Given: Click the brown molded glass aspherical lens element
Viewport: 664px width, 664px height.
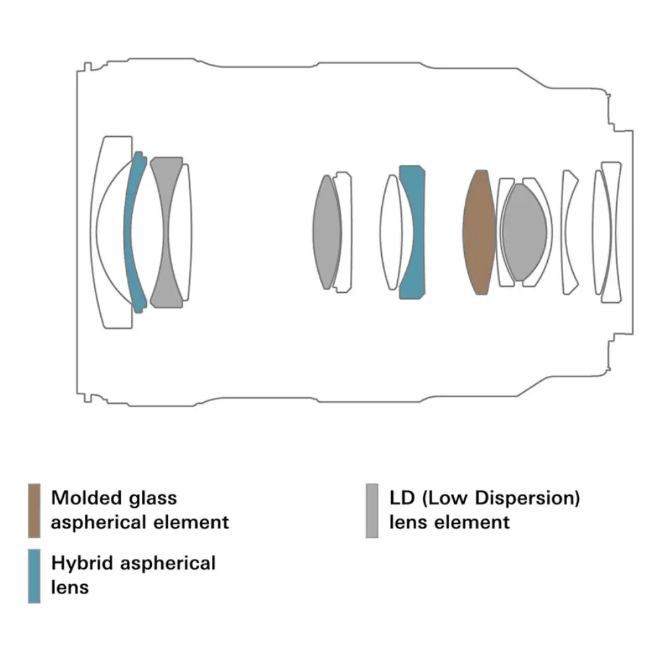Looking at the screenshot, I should [x=480, y=232].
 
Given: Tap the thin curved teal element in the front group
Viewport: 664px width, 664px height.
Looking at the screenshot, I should [x=135, y=232].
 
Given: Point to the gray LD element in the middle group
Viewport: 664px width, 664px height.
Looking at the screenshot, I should [x=325, y=232].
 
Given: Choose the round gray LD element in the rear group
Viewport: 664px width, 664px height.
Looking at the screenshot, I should [x=525, y=232].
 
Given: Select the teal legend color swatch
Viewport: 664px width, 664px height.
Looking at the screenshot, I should [x=35, y=576].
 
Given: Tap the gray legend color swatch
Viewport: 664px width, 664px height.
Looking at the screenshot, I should [x=372, y=510].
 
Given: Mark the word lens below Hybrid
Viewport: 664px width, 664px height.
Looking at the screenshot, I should [x=70, y=587].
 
